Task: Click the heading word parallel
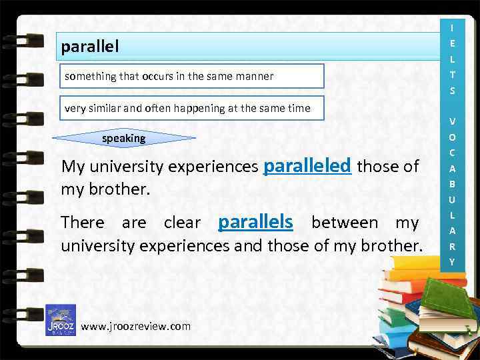[90, 47]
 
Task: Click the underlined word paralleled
[307, 165]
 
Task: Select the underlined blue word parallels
[256, 221]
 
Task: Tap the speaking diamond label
[123, 138]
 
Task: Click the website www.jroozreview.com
[135, 326]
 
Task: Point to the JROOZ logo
[60, 320]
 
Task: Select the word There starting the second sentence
[83, 223]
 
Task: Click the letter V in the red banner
[452, 121]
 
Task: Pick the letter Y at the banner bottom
[452, 261]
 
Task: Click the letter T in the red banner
[452, 75]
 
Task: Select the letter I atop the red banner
[452, 27]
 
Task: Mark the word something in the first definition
[90, 76]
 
